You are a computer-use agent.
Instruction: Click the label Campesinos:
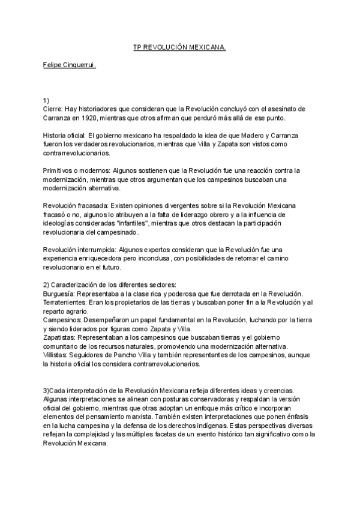coord(64,320)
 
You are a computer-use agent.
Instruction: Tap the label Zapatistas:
coord(62,337)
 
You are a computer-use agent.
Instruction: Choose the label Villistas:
coord(58,355)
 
